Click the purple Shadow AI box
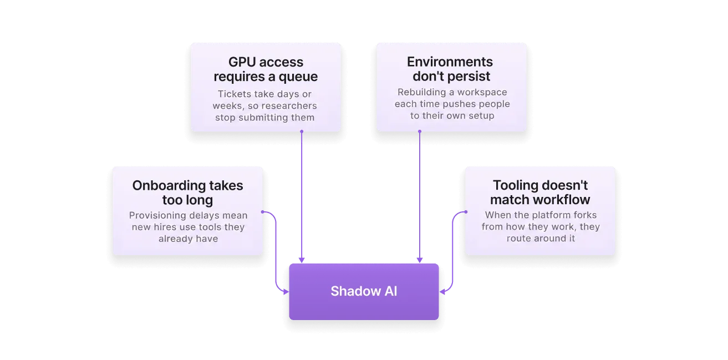tap(364, 291)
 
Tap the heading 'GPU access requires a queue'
tap(266, 69)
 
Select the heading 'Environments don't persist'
tap(451, 69)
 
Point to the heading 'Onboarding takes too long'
tap(187, 192)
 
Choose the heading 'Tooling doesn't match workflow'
tap(540, 192)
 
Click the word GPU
tap(242, 62)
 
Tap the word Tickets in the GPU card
tap(235, 94)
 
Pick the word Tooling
tap(512, 185)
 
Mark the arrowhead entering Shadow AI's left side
tap(286, 292)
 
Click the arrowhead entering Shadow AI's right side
tap(442, 292)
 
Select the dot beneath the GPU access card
tap(302, 131)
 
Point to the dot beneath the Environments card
tap(420, 131)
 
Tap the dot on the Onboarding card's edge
tap(263, 212)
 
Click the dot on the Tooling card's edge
tap(466, 212)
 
